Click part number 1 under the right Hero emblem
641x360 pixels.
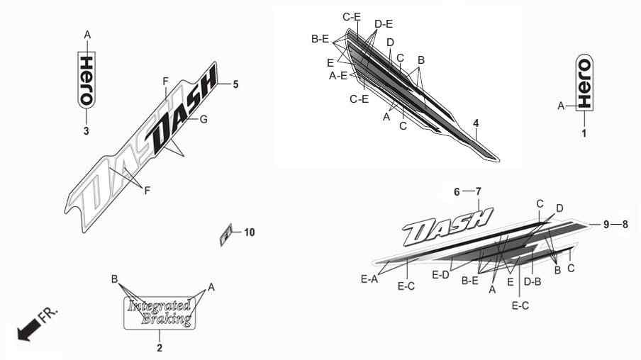584,133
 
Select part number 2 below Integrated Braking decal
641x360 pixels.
160,348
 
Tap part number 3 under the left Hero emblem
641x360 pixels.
87,131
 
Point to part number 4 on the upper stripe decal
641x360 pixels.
476,123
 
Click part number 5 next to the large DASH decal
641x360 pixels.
235,84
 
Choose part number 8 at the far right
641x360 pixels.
625,225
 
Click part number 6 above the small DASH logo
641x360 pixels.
457,191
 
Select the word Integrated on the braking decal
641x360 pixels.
159,306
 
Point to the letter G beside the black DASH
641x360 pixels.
204,119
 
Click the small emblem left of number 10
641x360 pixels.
226,235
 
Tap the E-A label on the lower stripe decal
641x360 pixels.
369,279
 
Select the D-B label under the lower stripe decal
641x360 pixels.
533,281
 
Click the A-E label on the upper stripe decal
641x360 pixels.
338,76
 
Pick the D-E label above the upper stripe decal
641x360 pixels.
384,24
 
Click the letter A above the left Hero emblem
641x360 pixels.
87,35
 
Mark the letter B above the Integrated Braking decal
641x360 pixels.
114,279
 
